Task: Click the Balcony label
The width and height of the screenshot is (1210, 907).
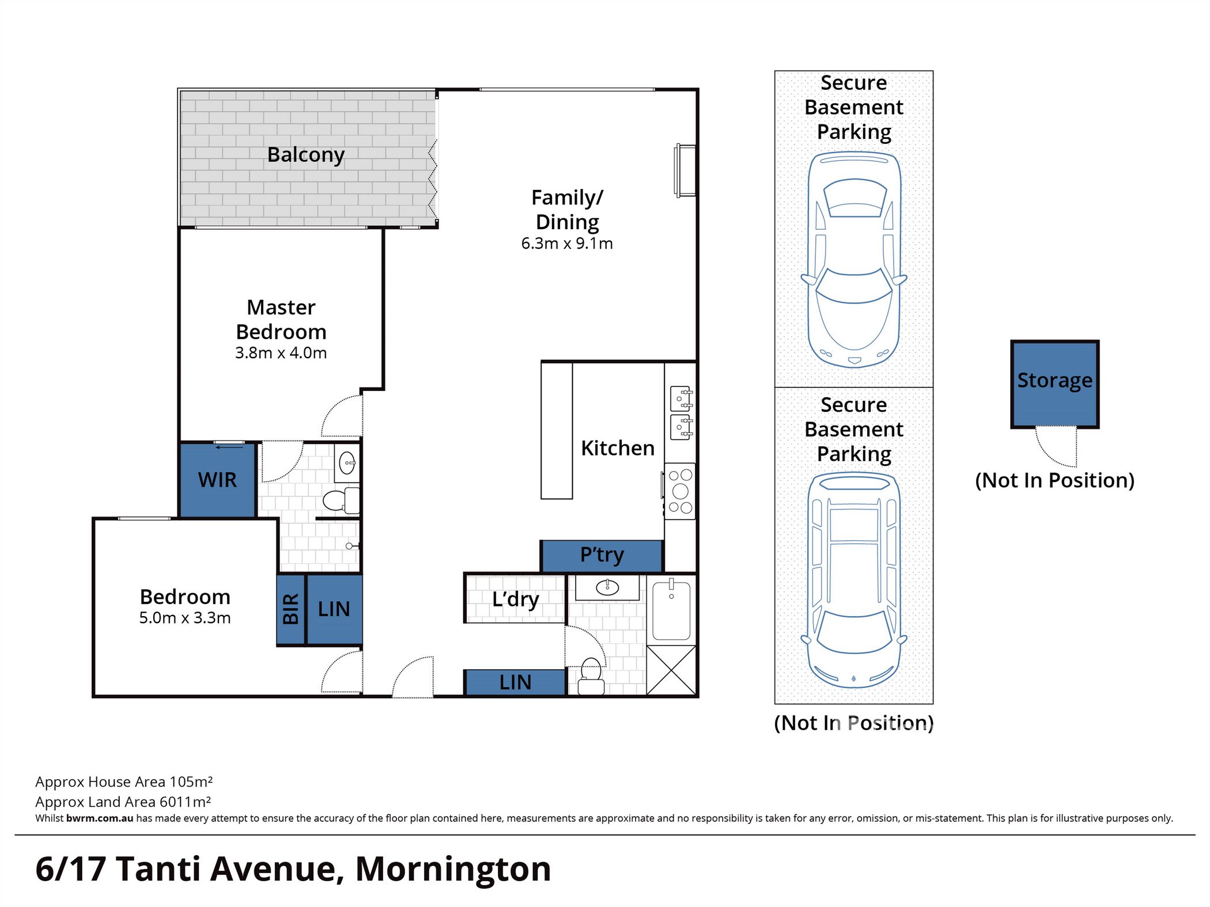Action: coord(305,155)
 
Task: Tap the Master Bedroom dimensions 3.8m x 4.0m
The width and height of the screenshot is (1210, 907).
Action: coord(281,353)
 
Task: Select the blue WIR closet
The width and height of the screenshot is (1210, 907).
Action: coord(217,480)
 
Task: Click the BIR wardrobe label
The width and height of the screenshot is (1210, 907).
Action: coord(291,609)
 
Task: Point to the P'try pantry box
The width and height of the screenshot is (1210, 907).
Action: coord(602,555)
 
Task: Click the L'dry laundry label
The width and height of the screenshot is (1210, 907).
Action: coord(515,599)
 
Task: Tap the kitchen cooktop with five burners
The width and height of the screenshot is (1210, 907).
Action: coord(680,491)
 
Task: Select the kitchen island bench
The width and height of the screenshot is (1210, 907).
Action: coord(557,430)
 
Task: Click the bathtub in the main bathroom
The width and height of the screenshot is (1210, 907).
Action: coord(671,610)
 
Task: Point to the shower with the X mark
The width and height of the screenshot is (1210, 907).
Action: coord(671,670)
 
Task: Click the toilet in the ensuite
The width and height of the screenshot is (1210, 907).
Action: coord(340,500)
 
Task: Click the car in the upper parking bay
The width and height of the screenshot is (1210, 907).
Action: coord(854,259)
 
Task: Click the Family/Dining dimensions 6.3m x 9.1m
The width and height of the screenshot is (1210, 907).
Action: coord(567,244)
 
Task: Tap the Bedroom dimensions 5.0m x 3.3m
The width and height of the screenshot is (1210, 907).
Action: coord(185,618)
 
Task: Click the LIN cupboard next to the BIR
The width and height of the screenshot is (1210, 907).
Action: coord(334,609)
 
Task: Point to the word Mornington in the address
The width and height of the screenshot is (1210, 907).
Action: coord(453,869)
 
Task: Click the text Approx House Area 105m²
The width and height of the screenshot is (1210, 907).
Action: coord(124,782)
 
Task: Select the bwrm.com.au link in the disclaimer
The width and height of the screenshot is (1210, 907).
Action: coord(99,818)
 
